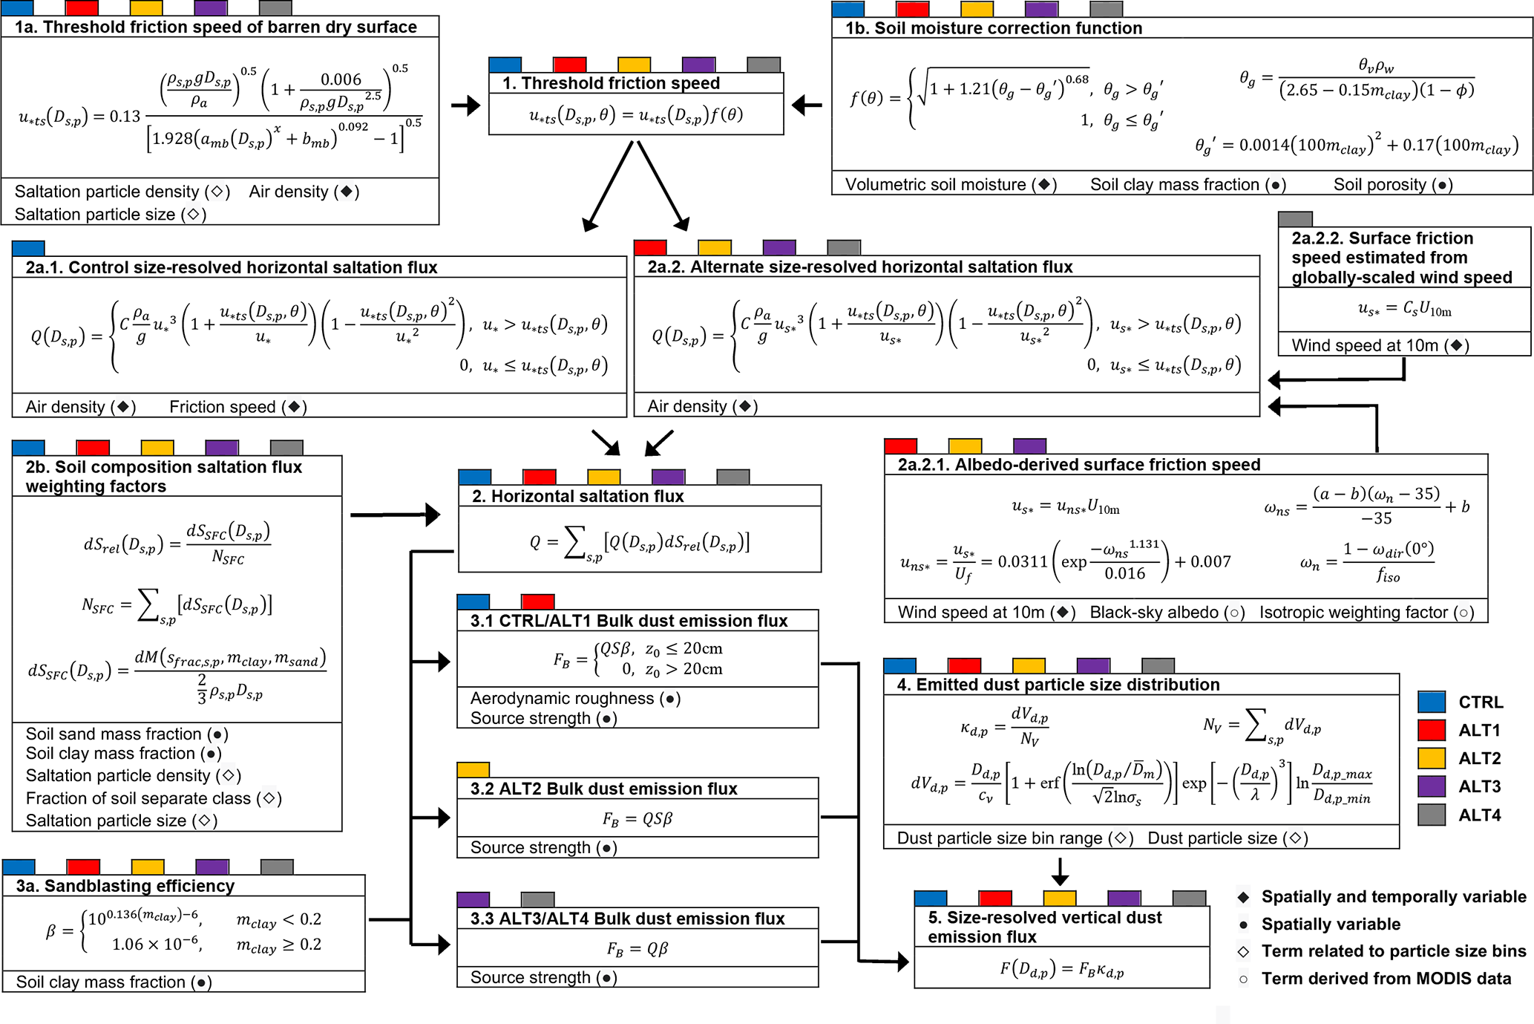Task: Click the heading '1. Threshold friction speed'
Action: tap(611, 83)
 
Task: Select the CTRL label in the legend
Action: tap(1481, 702)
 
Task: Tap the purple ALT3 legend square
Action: tap(1431, 786)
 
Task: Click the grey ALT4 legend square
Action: tap(1431, 815)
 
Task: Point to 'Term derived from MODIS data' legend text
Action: tap(1386, 979)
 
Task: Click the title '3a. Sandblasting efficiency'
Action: tap(125, 886)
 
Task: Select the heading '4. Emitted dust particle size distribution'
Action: tap(1058, 685)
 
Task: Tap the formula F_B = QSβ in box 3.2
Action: tap(637, 819)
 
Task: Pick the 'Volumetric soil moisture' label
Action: tap(935, 185)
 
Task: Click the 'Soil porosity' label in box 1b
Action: tap(1380, 185)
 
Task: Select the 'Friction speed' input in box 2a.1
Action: tap(222, 407)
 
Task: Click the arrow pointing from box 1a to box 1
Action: tap(465, 105)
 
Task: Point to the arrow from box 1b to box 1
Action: tap(807, 105)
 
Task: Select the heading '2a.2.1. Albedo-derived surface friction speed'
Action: tap(1078, 465)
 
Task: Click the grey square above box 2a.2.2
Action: tap(1295, 219)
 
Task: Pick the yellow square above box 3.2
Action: tap(473, 769)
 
